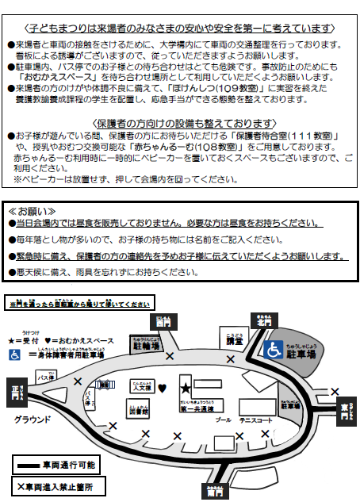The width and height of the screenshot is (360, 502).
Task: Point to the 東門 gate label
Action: pos(343,408)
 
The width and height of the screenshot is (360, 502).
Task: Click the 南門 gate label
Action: pos(212,491)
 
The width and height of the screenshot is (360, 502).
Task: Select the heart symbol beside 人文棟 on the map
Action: pos(162,389)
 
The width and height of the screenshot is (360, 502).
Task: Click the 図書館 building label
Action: pos(138,411)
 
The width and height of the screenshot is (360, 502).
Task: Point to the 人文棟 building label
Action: pos(141,388)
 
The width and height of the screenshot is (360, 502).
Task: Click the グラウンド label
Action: pos(32,419)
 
